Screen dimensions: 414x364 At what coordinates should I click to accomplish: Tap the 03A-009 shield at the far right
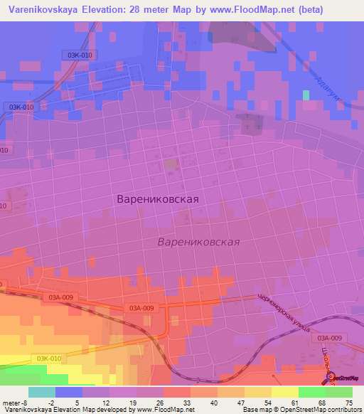(329, 338)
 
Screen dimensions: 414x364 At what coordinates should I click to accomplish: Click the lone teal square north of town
(306, 95)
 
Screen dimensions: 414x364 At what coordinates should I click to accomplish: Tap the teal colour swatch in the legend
(41, 392)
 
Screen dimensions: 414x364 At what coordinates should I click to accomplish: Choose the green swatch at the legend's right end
(338, 392)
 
